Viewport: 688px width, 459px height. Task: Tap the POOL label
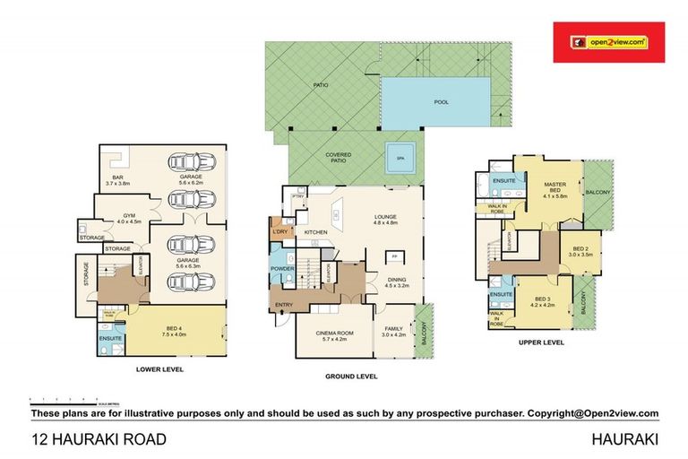coord(442,101)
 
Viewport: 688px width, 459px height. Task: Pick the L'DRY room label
coord(279,232)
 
